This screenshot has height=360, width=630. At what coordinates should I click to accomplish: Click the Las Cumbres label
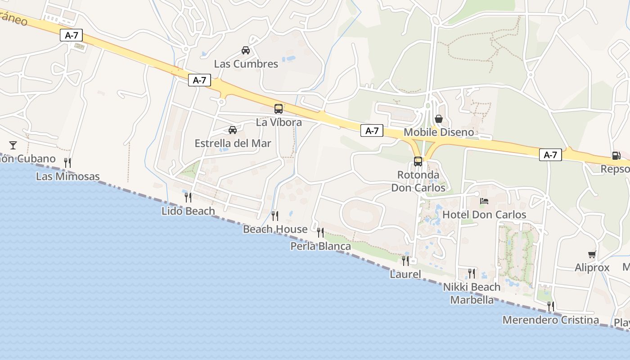click(x=246, y=64)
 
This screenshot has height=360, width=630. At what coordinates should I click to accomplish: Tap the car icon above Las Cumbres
click(x=246, y=50)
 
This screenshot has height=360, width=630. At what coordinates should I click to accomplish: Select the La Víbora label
click(x=279, y=122)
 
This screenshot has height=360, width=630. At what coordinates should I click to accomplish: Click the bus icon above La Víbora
click(x=279, y=108)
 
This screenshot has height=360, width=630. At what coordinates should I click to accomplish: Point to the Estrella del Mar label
click(x=233, y=144)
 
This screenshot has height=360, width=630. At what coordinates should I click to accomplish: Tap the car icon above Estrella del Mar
click(x=233, y=130)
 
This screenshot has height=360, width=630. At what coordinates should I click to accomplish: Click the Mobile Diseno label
click(x=439, y=132)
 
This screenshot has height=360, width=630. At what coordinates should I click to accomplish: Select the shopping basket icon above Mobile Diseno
click(x=439, y=119)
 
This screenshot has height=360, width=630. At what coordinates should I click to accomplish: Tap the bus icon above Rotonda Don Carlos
click(x=418, y=161)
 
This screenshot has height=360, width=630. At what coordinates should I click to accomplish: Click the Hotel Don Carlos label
click(x=484, y=215)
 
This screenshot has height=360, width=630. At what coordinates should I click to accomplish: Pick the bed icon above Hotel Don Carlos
click(x=484, y=201)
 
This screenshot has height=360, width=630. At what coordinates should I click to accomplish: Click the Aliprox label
click(x=592, y=268)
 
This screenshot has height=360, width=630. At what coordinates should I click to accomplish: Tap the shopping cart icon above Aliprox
click(x=592, y=254)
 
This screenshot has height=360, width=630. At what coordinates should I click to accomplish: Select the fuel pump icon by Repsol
click(x=616, y=156)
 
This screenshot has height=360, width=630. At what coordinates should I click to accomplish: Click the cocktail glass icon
click(x=13, y=145)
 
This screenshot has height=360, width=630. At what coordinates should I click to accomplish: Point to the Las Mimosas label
click(x=67, y=176)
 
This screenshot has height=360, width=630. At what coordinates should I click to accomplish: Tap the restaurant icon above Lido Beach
click(x=188, y=197)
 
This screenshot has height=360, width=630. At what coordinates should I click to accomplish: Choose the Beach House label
click(x=275, y=229)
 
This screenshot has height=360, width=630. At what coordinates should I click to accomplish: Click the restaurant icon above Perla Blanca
click(x=320, y=232)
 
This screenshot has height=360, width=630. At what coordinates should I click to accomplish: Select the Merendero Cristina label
click(x=550, y=320)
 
